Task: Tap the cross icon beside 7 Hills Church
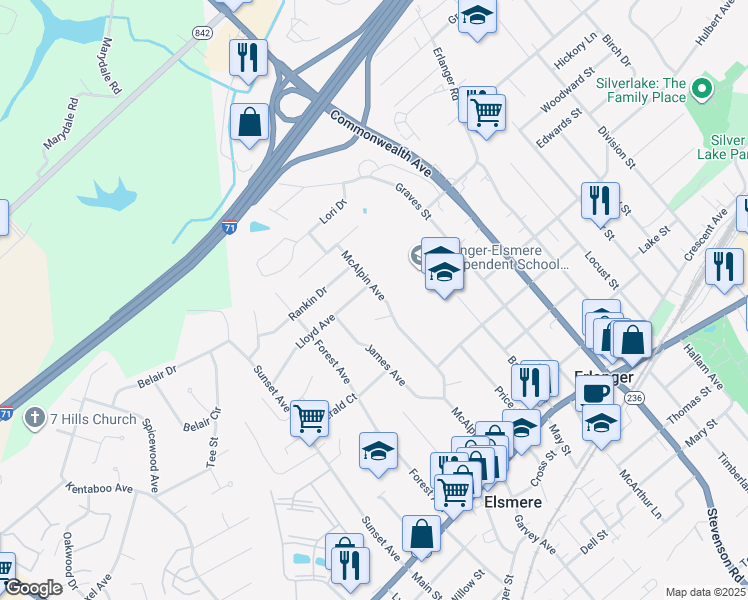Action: point(35,418)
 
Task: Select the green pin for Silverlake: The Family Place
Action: point(702,90)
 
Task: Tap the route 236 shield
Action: point(633,397)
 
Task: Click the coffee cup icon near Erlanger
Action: point(595,393)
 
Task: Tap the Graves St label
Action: point(412,201)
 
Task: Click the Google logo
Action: point(33,588)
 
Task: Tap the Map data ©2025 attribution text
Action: point(706,592)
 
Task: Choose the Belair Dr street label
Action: point(156,376)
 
